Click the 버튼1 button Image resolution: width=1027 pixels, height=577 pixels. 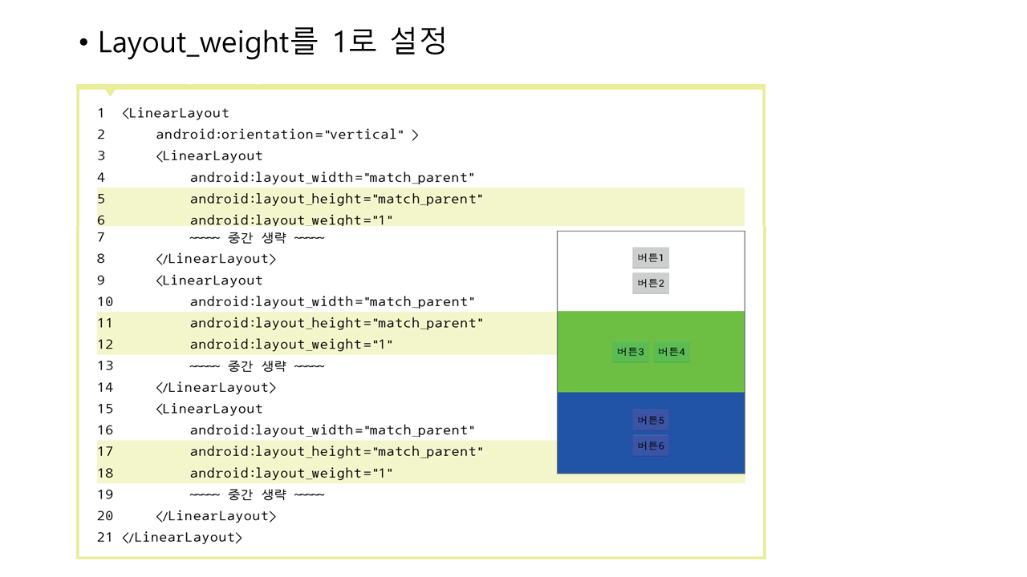(650, 258)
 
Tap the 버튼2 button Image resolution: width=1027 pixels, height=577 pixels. (650, 283)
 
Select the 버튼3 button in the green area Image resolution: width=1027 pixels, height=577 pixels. (630, 352)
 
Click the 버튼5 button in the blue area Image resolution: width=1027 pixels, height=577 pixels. (650, 420)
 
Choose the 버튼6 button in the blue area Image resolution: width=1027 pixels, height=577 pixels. (650, 446)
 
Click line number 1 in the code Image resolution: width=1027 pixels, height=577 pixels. (101, 113)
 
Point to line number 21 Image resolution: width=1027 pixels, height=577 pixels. (104, 537)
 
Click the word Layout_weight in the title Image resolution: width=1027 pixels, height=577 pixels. (193, 42)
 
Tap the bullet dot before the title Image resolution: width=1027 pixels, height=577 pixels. (83, 42)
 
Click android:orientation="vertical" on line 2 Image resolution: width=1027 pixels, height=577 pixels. (280, 135)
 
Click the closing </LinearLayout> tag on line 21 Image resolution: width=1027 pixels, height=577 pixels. (182, 537)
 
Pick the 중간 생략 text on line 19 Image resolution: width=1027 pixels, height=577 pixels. (258, 494)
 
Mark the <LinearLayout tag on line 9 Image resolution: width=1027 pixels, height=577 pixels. (209, 280)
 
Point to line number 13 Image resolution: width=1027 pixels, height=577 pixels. (104, 366)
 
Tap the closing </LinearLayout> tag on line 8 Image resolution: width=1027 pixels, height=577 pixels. (216, 259)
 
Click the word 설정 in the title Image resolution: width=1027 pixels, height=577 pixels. (418, 41)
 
